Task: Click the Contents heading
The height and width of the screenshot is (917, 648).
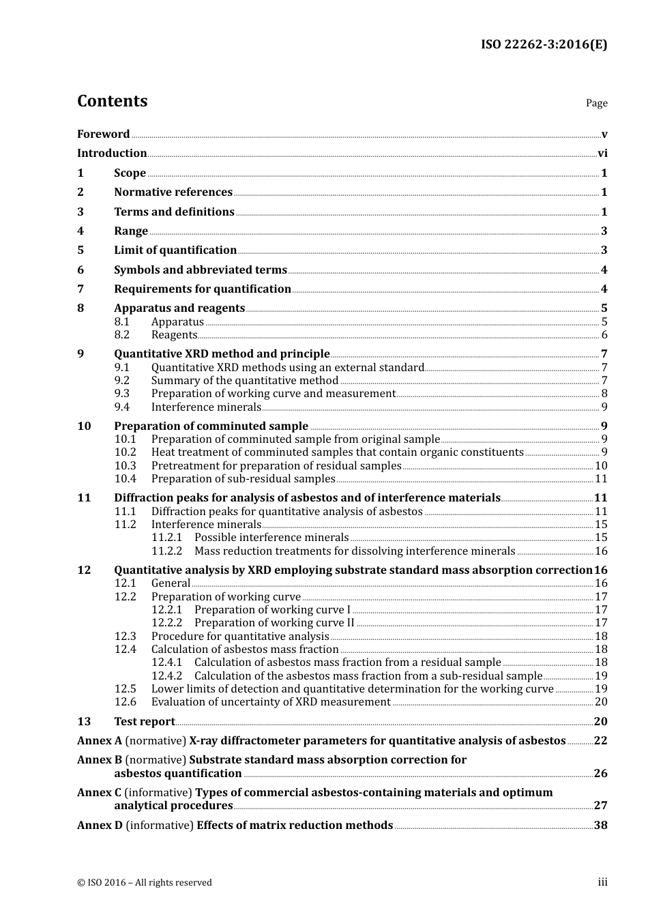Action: (112, 101)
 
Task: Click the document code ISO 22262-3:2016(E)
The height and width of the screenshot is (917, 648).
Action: (544, 45)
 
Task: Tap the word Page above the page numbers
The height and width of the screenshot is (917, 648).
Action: (596, 103)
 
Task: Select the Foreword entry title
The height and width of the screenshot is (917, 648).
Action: (103, 134)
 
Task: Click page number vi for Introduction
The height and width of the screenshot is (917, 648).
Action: (602, 154)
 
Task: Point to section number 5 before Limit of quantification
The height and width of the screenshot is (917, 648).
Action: (80, 250)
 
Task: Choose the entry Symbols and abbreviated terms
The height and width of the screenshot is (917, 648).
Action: (200, 270)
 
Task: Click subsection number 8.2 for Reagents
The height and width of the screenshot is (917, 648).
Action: (121, 335)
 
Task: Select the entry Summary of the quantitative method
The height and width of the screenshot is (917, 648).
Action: (244, 381)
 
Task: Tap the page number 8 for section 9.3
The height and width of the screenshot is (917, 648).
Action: (604, 394)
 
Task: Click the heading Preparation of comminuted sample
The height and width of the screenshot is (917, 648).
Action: (211, 426)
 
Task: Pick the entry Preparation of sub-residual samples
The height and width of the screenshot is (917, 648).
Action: (243, 479)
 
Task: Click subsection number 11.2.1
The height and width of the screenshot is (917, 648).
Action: (166, 538)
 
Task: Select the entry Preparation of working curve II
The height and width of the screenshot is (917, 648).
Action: (274, 623)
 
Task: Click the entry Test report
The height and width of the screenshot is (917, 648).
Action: (144, 722)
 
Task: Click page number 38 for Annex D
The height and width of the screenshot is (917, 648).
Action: (600, 826)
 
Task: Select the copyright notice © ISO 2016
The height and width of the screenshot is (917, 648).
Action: (144, 883)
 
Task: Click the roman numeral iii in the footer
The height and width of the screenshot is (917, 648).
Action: (602, 882)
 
